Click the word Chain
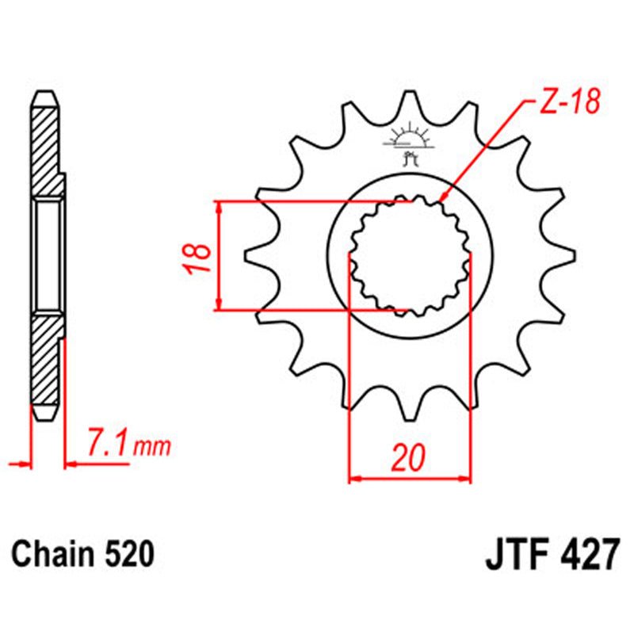click(x=54, y=554)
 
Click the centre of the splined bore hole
click(x=410, y=255)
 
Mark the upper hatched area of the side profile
click(x=45, y=147)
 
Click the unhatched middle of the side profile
click(x=48, y=255)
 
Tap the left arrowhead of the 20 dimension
click(x=353, y=479)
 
